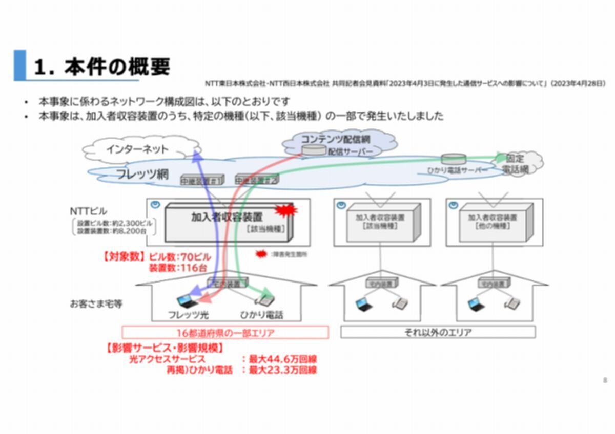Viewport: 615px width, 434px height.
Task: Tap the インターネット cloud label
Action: point(137,149)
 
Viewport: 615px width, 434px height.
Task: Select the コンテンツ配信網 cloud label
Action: point(335,139)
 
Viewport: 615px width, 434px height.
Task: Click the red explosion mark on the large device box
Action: point(286,210)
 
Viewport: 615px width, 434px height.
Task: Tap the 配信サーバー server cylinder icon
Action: point(314,150)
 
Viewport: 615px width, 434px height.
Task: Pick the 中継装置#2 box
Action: point(256,180)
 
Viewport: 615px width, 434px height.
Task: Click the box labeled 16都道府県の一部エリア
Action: point(225,333)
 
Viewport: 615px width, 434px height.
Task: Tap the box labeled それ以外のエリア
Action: point(438,332)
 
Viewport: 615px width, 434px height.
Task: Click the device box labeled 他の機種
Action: point(493,221)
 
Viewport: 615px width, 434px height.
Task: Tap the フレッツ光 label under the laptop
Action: point(188,315)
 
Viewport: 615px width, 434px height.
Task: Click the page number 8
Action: point(605,380)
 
